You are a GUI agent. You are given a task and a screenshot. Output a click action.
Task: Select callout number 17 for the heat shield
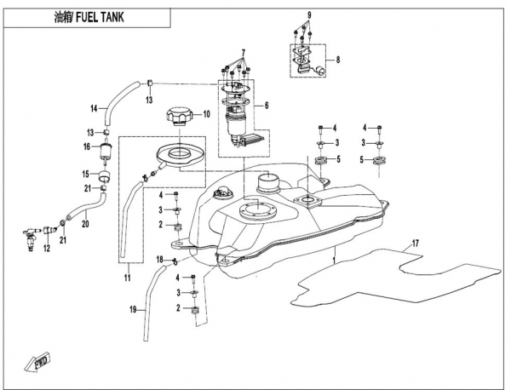coord(416,245)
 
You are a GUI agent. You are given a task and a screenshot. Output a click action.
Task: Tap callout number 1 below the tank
coord(335,256)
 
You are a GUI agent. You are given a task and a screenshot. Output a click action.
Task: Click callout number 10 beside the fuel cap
coord(206,114)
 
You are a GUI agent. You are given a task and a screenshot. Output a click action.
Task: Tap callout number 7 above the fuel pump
coord(242,52)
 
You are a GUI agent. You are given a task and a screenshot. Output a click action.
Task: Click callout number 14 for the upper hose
coord(95,108)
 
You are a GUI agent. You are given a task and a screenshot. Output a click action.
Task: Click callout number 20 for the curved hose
coord(85,224)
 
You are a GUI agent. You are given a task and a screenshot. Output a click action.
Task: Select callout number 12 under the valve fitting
coord(47,247)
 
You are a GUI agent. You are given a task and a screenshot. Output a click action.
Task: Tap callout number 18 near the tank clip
coord(158,258)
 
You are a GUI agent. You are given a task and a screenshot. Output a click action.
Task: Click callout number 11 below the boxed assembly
coord(128,278)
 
